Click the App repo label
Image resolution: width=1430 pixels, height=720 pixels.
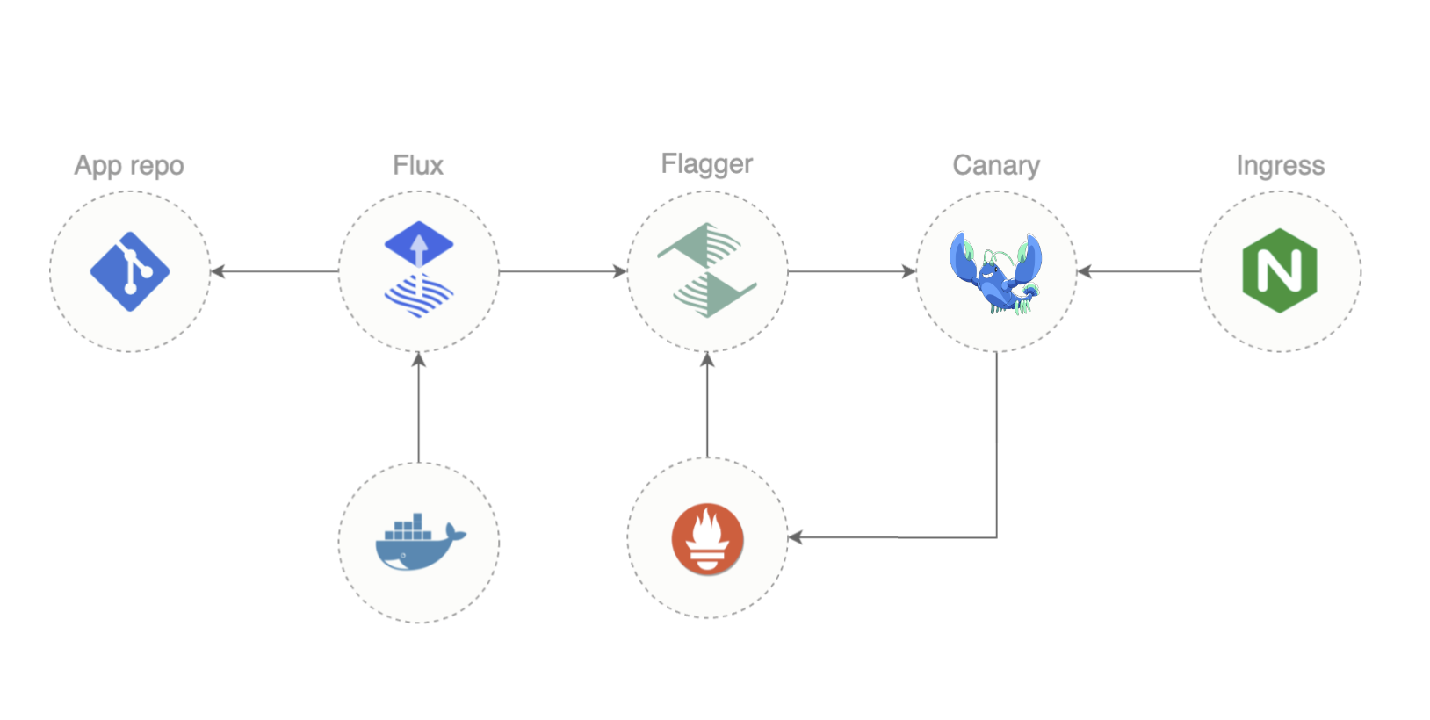(129, 165)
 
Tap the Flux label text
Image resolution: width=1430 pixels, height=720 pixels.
(418, 165)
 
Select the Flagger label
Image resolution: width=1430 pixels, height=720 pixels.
(707, 164)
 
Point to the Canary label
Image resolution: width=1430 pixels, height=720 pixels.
(996, 165)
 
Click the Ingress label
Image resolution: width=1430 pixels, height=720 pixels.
(1280, 165)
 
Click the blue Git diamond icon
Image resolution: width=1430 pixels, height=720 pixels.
(130, 271)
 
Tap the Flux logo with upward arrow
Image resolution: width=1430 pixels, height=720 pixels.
(419, 269)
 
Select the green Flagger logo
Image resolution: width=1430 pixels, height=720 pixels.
(707, 270)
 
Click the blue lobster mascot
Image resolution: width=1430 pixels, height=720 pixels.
(996, 273)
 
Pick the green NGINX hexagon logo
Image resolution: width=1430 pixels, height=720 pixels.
(1280, 270)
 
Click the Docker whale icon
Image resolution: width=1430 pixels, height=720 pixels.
(420, 542)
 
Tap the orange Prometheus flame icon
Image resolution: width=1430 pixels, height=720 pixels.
(707, 538)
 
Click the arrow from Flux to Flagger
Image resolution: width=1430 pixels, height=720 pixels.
(562, 271)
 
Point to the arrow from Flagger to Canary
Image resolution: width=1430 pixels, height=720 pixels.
(851, 271)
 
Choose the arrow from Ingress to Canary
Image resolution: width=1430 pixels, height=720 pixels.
(1138, 271)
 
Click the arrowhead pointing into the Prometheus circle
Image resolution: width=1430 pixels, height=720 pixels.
(795, 537)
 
